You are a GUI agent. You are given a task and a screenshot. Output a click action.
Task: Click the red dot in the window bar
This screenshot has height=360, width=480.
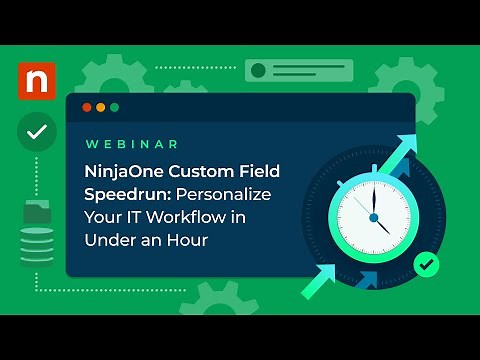pos(87,107)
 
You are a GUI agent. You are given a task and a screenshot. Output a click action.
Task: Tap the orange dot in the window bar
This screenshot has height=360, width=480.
pos(100,107)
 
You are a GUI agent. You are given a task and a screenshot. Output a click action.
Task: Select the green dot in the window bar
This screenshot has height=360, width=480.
pos(114,107)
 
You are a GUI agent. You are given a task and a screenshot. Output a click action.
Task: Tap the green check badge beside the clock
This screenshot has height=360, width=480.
pos(426,264)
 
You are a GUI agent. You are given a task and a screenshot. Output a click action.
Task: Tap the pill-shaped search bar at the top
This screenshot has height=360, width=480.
pos(282,70)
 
